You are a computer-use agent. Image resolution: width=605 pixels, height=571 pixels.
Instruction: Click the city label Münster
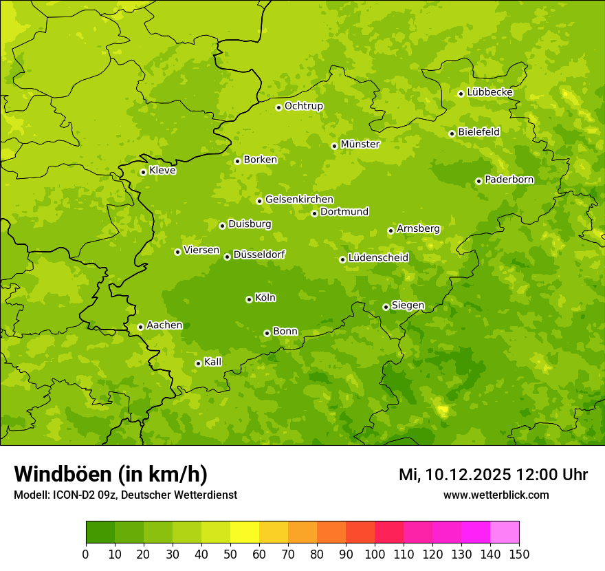[x=360, y=144]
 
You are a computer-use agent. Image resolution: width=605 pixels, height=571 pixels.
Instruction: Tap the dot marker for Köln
[x=249, y=299]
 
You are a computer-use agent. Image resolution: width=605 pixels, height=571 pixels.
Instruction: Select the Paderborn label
[x=509, y=180]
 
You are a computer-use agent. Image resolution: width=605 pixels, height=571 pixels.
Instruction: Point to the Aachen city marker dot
[x=140, y=327]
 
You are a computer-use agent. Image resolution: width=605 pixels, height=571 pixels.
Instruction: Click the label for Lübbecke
[x=489, y=92]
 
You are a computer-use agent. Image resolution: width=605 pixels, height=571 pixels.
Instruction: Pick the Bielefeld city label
[x=478, y=131]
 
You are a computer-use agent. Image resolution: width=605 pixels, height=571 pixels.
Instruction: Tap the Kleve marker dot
[x=143, y=172]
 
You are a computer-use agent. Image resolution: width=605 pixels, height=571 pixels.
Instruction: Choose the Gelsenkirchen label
[x=299, y=200]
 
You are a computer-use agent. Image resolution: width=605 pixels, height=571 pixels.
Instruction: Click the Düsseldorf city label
[x=259, y=255]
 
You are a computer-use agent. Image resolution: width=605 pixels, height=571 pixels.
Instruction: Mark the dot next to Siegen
[x=386, y=307]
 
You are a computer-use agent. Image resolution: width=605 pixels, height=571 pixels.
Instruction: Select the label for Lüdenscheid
[x=378, y=258]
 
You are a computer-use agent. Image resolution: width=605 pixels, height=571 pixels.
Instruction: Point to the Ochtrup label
[x=303, y=106]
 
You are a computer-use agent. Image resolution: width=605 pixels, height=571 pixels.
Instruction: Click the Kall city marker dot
[x=198, y=363]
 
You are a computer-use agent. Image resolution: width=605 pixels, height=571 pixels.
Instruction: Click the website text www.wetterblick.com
[x=496, y=495]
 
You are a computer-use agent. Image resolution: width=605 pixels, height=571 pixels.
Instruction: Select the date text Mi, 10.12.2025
[x=454, y=475]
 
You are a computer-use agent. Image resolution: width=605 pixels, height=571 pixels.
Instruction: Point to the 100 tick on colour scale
[x=375, y=554]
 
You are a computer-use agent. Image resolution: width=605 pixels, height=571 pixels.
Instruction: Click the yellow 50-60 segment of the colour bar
[x=245, y=532]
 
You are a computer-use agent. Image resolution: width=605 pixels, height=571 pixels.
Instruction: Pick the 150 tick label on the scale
[x=519, y=554]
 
